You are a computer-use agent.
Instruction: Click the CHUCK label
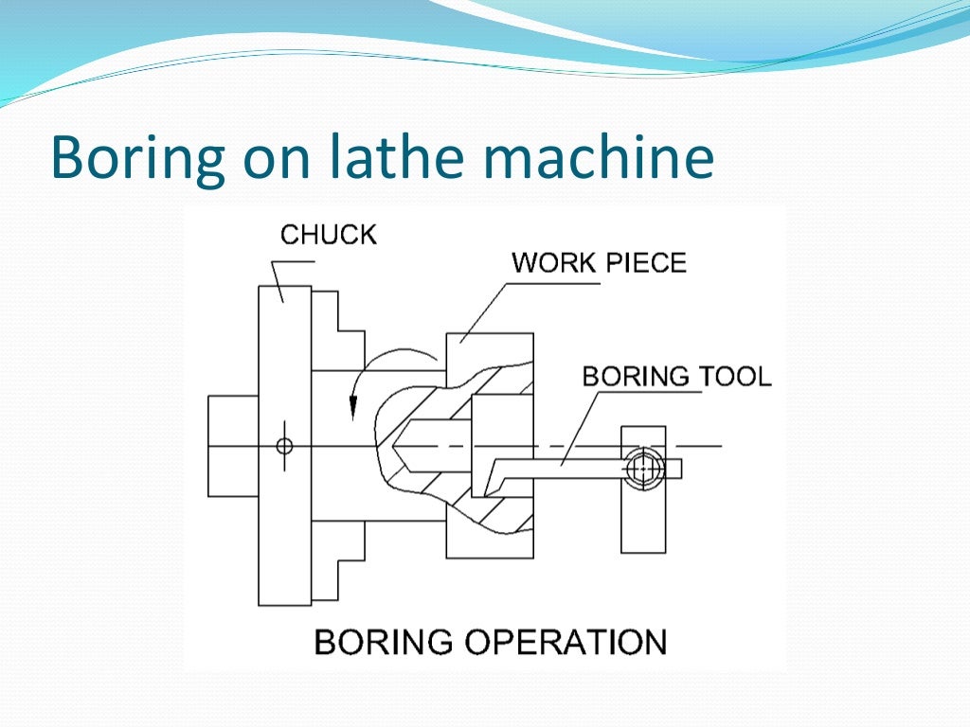point(328,234)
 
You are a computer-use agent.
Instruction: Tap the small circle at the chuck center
point(283,446)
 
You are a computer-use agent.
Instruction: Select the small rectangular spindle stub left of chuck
point(233,445)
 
